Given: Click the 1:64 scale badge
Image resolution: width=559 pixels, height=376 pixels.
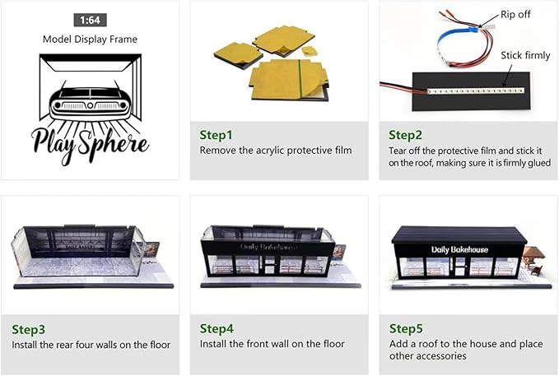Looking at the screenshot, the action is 91,20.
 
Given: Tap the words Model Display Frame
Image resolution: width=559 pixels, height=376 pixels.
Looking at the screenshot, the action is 90,39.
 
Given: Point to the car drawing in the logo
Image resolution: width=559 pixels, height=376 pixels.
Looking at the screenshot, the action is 90,102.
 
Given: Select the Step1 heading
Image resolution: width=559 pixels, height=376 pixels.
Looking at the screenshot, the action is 216,135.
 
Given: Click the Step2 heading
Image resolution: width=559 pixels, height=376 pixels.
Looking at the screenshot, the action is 405,135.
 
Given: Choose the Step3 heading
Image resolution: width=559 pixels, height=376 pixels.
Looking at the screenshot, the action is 29,329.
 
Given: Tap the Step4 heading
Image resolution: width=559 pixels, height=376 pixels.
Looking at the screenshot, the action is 217,328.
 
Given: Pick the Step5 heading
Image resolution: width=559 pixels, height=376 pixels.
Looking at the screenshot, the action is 406,328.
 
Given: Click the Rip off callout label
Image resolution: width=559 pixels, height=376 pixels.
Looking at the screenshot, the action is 515,14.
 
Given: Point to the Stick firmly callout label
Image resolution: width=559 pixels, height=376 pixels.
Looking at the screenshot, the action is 525,55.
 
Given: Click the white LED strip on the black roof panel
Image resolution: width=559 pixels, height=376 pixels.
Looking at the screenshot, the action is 476,91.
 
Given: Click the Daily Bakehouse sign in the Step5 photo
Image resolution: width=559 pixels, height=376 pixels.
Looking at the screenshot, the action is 459,249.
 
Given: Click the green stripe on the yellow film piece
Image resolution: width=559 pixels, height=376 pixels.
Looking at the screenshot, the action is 300,77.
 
